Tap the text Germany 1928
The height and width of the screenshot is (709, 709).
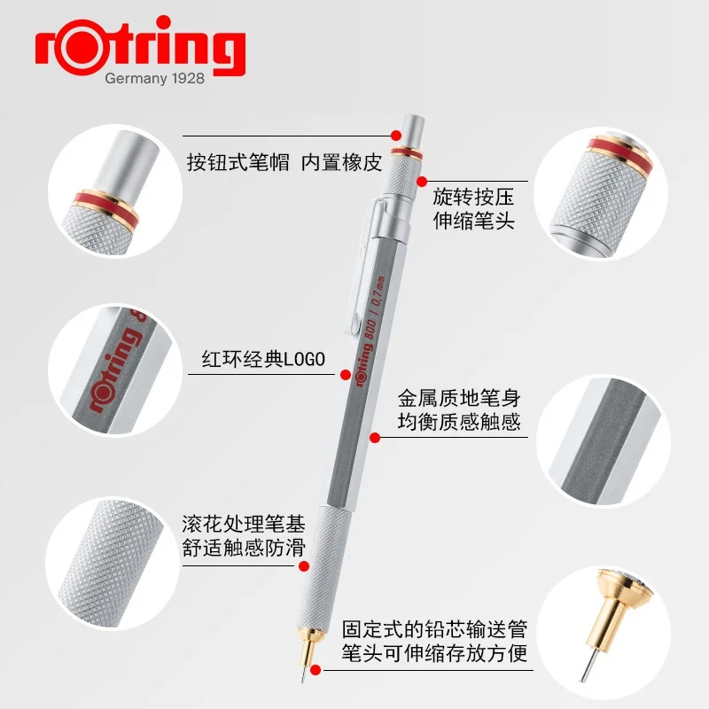click(154, 79)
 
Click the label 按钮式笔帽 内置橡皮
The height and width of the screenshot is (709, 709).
click(283, 163)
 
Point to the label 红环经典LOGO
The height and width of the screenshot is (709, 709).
click(264, 359)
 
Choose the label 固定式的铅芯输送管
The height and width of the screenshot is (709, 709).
click(434, 631)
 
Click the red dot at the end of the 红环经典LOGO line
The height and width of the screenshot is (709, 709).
click(345, 376)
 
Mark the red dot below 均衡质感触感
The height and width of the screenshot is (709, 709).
click(375, 437)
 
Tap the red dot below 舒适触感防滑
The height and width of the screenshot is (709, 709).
click(302, 565)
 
